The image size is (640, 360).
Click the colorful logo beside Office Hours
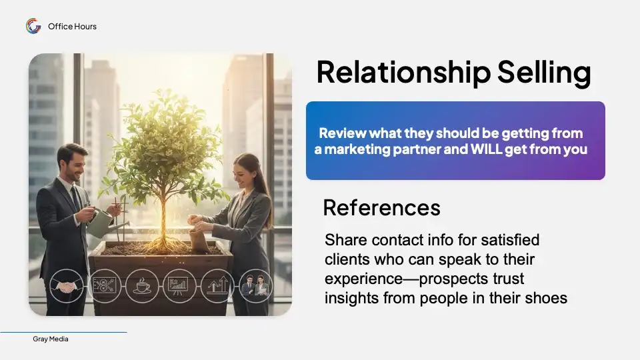tap(33, 26)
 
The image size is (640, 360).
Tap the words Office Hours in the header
tap(72, 27)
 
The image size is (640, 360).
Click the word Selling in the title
tap(544, 73)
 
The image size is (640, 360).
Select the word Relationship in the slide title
tap(403, 73)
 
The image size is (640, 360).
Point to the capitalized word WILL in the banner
tap(486, 149)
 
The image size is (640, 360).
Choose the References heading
tap(381, 207)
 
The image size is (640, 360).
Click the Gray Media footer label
tap(51, 339)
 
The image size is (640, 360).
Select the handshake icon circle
tap(67, 286)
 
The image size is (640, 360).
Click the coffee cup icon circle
tap(142, 286)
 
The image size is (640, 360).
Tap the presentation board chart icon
tap(179, 286)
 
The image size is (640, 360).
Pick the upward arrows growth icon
tap(217, 286)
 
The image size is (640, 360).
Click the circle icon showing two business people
tap(255, 286)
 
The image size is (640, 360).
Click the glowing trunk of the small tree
tap(163, 216)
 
